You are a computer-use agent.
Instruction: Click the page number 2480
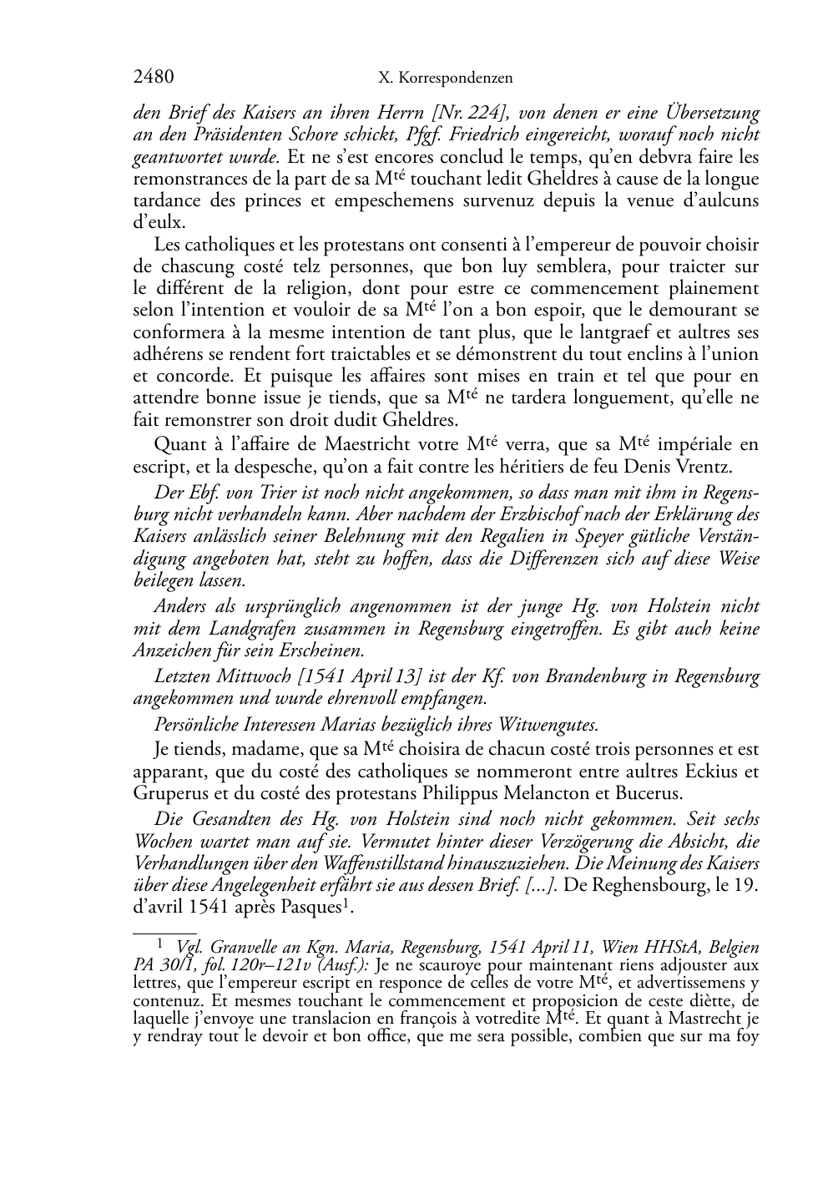(154, 78)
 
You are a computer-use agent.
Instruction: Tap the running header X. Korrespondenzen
(445, 78)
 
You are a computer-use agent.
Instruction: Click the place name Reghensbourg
(648, 885)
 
